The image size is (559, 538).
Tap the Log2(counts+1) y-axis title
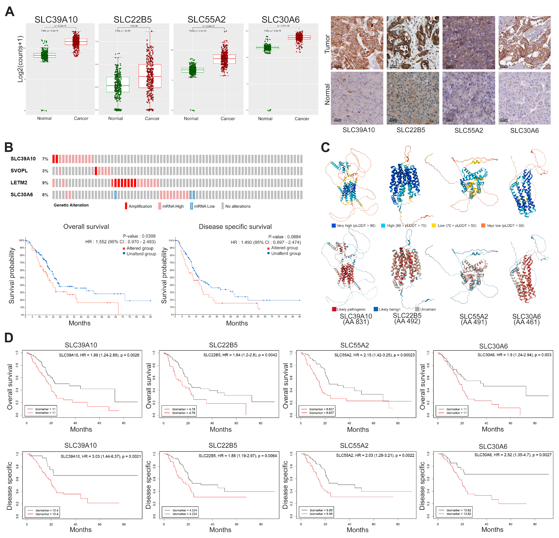point(20,59)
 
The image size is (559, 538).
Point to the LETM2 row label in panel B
point(19,182)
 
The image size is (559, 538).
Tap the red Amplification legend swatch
point(126,206)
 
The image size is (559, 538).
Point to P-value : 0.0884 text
point(284,237)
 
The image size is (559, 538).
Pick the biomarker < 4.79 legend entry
point(183,409)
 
